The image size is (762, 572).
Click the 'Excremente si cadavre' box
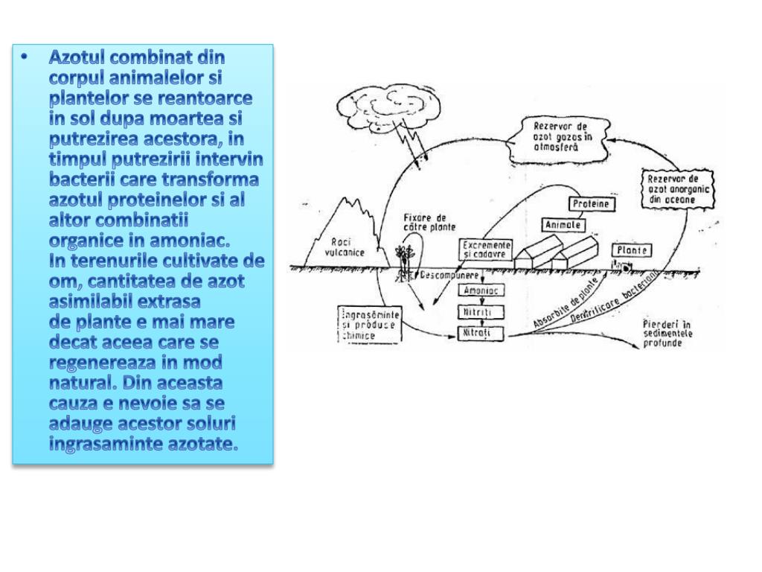pyautogui.click(x=486, y=249)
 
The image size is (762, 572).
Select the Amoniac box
pyautogui.click(x=480, y=291)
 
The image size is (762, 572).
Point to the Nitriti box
pyautogui.click(x=480, y=311)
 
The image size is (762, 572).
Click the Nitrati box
pyautogui.click(x=480, y=333)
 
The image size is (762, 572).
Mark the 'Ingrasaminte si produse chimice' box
pyautogui.click(x=369, y=325)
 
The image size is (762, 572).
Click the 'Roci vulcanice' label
pyautogui.click(x=345, y=247)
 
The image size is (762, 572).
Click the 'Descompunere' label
pyautogui.click(x=447, y=276)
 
